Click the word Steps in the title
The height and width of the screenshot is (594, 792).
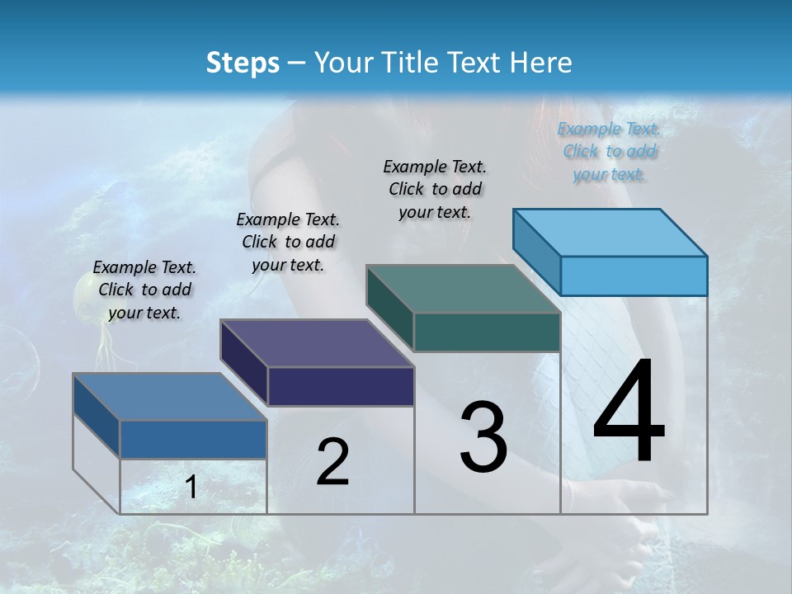coord(243,63)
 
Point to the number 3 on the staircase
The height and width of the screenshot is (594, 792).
coord(483,436)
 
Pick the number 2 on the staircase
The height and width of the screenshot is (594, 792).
coord(332,462)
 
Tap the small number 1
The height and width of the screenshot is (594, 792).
coord(191,488)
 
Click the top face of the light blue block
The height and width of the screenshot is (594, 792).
coord(610,232)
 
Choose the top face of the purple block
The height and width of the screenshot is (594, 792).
coord(317,343)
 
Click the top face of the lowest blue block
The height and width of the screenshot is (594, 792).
coord(170,397)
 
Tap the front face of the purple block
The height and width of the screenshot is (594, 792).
coord(341,386)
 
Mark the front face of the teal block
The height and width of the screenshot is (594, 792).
coord(487,332)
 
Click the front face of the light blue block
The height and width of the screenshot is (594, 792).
coord(634,276)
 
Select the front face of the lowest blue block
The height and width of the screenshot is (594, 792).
coord(193,439)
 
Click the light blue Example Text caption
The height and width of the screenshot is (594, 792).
coord(609,151)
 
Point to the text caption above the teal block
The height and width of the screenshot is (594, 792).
coord(435,189)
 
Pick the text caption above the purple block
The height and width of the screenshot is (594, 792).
coord(288,242)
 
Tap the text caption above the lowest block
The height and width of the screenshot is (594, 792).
coord(144,290)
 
